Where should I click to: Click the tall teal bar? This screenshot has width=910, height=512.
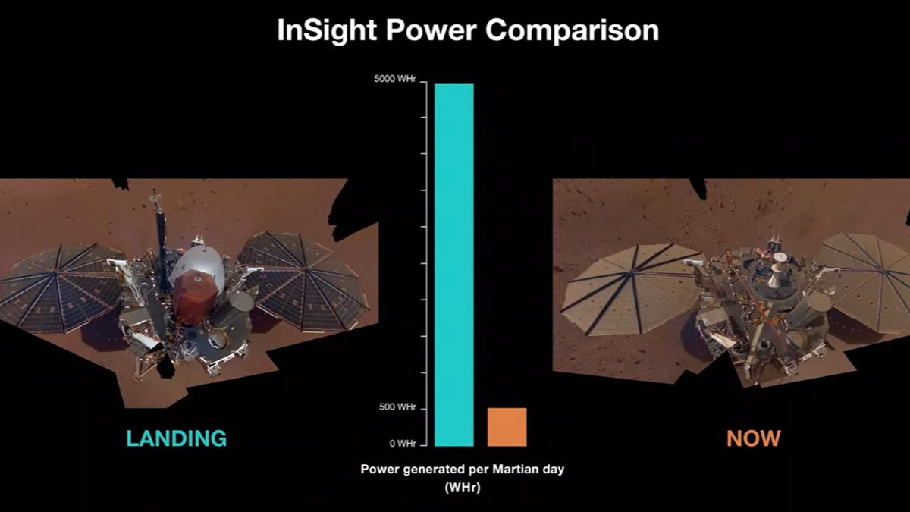(x=453, y=265)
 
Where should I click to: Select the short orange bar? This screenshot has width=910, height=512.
(x=507, y=427)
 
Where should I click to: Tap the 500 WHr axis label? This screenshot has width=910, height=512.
(x=396, y=408)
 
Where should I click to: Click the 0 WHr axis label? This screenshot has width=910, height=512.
(x=402, y=444)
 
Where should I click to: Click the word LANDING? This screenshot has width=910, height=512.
(x=176, y=438)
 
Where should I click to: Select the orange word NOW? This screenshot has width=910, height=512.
(x=753, y=438)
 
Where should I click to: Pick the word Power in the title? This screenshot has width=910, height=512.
(x=433, y=31)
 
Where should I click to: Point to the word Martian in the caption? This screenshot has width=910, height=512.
(x=508, y=470)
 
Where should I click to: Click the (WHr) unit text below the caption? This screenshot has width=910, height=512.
(x=462, y=488)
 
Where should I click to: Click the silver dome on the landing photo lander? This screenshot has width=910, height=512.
(x=198, y=265)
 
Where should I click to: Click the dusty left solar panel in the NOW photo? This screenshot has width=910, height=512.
(x=626, y=287)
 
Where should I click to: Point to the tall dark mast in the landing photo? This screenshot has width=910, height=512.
(x=160, y=235)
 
